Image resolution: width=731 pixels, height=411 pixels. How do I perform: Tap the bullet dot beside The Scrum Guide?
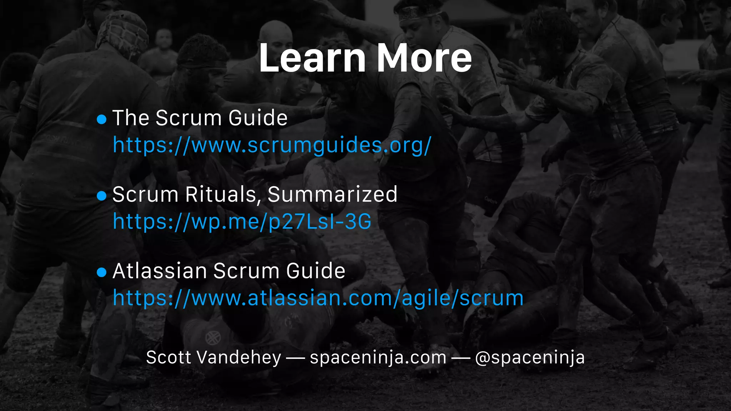click(102, 119)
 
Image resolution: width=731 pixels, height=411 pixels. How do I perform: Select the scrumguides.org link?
click(272, 145)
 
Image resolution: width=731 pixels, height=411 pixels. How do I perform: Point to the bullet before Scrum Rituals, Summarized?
click(102, 196)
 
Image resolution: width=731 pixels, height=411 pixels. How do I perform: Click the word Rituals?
click(221, 194)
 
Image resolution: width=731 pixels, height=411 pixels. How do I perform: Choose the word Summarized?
click(332, 194)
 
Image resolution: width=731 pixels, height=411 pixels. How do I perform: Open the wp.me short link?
click(242, 222)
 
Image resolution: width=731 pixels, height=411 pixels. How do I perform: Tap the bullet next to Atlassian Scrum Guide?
click(102, 272)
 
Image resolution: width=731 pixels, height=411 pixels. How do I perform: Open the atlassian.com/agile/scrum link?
click(318, 298)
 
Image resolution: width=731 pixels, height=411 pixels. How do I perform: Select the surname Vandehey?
click(239, 357)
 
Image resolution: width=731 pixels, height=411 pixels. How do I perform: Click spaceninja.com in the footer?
click(378, 357)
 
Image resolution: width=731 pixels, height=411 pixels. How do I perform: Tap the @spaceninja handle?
click(530, 357)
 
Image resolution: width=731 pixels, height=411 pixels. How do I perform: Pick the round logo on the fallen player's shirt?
click(213, 337)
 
